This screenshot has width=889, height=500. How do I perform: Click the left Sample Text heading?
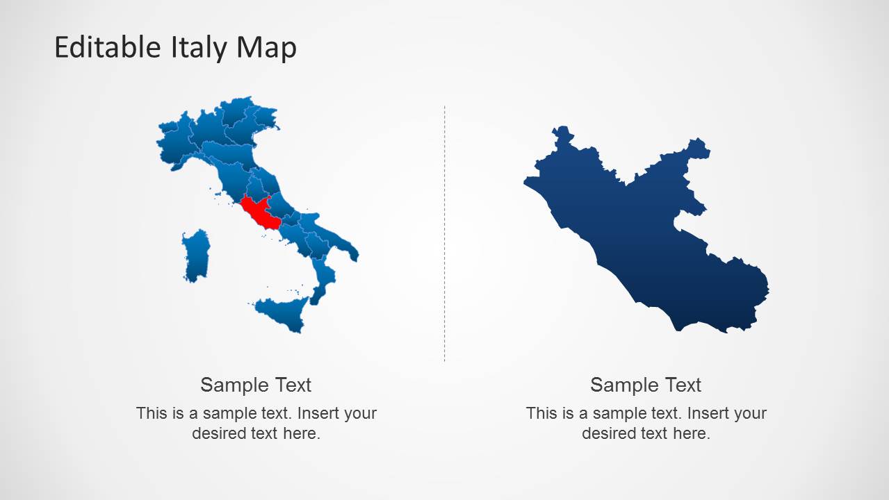[256, 385]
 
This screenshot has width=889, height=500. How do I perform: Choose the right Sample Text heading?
[646, 385]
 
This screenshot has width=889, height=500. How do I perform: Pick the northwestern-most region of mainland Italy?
[171, 142]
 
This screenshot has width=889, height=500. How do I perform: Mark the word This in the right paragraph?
[540, 413]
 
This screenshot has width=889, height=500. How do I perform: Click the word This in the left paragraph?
[150, 413]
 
